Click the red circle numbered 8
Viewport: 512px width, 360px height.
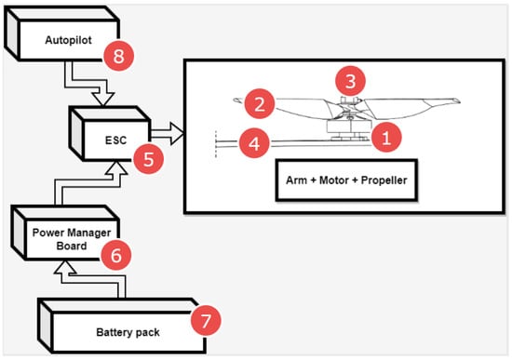(119, 56)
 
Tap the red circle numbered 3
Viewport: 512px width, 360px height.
(351, 81)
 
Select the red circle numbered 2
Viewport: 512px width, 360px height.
(260, 104)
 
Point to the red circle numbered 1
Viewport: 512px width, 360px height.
(386, 137)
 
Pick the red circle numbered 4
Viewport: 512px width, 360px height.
(254, 143)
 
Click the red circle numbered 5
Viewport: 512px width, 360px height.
(149, 159)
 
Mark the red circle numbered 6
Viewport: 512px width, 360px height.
(116, 255)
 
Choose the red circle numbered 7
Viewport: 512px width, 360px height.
(206, 320)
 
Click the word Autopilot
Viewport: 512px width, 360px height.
(68, 40)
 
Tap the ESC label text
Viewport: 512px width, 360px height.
(115, 140)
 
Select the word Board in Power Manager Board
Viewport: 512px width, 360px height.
(72, 246)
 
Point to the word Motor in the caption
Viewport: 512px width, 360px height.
(333, 180)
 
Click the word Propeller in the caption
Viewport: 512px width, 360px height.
(384, 180)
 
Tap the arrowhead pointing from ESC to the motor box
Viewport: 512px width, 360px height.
(177, 134)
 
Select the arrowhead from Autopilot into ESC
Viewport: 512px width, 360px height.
(103, 99)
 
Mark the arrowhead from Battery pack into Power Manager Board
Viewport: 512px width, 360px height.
(65, 267)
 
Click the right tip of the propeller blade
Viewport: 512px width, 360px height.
(460, 101)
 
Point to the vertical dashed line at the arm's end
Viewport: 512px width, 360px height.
(216, 144)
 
